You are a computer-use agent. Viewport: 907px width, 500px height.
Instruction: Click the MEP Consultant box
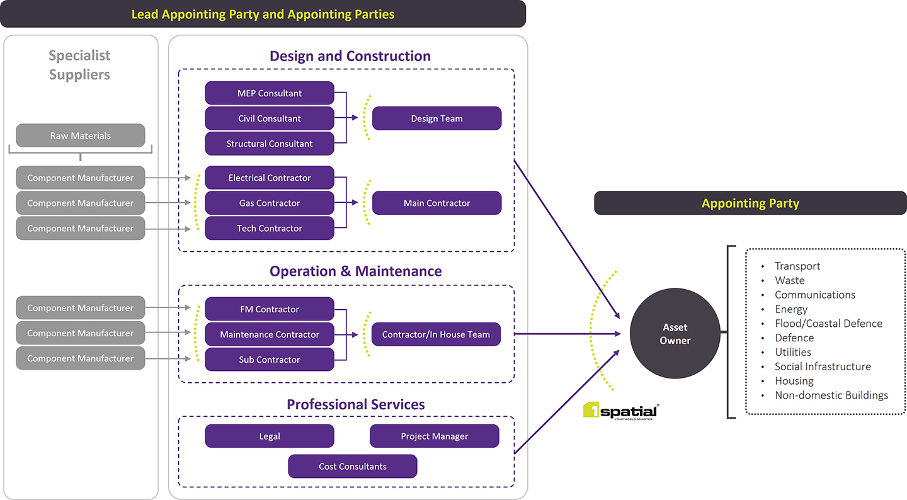click(270, 93)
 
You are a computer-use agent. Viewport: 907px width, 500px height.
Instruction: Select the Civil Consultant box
click(270, 118)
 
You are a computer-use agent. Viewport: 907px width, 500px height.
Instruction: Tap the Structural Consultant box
click(270, 144)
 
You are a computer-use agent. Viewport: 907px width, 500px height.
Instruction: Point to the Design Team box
click(436, 118)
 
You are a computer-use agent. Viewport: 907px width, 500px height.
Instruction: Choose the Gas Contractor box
click(270, 203)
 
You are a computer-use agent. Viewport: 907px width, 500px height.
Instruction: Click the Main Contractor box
click(436, 203)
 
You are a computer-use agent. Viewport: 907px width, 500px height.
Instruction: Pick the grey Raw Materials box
click(81, 135)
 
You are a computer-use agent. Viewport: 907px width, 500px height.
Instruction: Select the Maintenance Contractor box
click(270, 334)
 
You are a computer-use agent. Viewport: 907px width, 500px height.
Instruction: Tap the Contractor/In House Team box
click(436, 334)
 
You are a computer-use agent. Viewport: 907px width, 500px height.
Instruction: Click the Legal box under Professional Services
click(270, 436)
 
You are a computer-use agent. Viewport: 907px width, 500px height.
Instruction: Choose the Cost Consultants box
click(353, 467)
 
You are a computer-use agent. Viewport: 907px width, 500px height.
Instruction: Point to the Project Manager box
click(435, 436)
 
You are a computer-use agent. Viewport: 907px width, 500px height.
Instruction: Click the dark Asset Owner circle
click(675, 334)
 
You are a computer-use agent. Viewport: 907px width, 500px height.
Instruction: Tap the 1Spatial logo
click(621, 411)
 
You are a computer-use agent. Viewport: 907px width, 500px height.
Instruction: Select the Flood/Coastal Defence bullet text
click(828, 324)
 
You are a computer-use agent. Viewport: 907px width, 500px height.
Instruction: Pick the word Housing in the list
click(794, 381)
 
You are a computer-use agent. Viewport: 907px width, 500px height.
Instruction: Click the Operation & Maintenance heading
click(356, 271)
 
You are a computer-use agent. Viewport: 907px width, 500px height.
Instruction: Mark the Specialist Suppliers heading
click(79, 65)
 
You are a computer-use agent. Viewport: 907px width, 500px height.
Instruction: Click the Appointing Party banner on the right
click(750, 203)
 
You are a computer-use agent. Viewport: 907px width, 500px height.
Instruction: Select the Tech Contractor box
click(270, 228)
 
